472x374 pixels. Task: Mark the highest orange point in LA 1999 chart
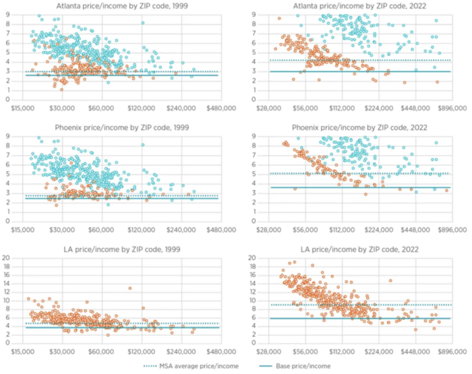pos(130,288)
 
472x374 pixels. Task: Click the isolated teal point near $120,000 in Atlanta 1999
pos(143,23)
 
